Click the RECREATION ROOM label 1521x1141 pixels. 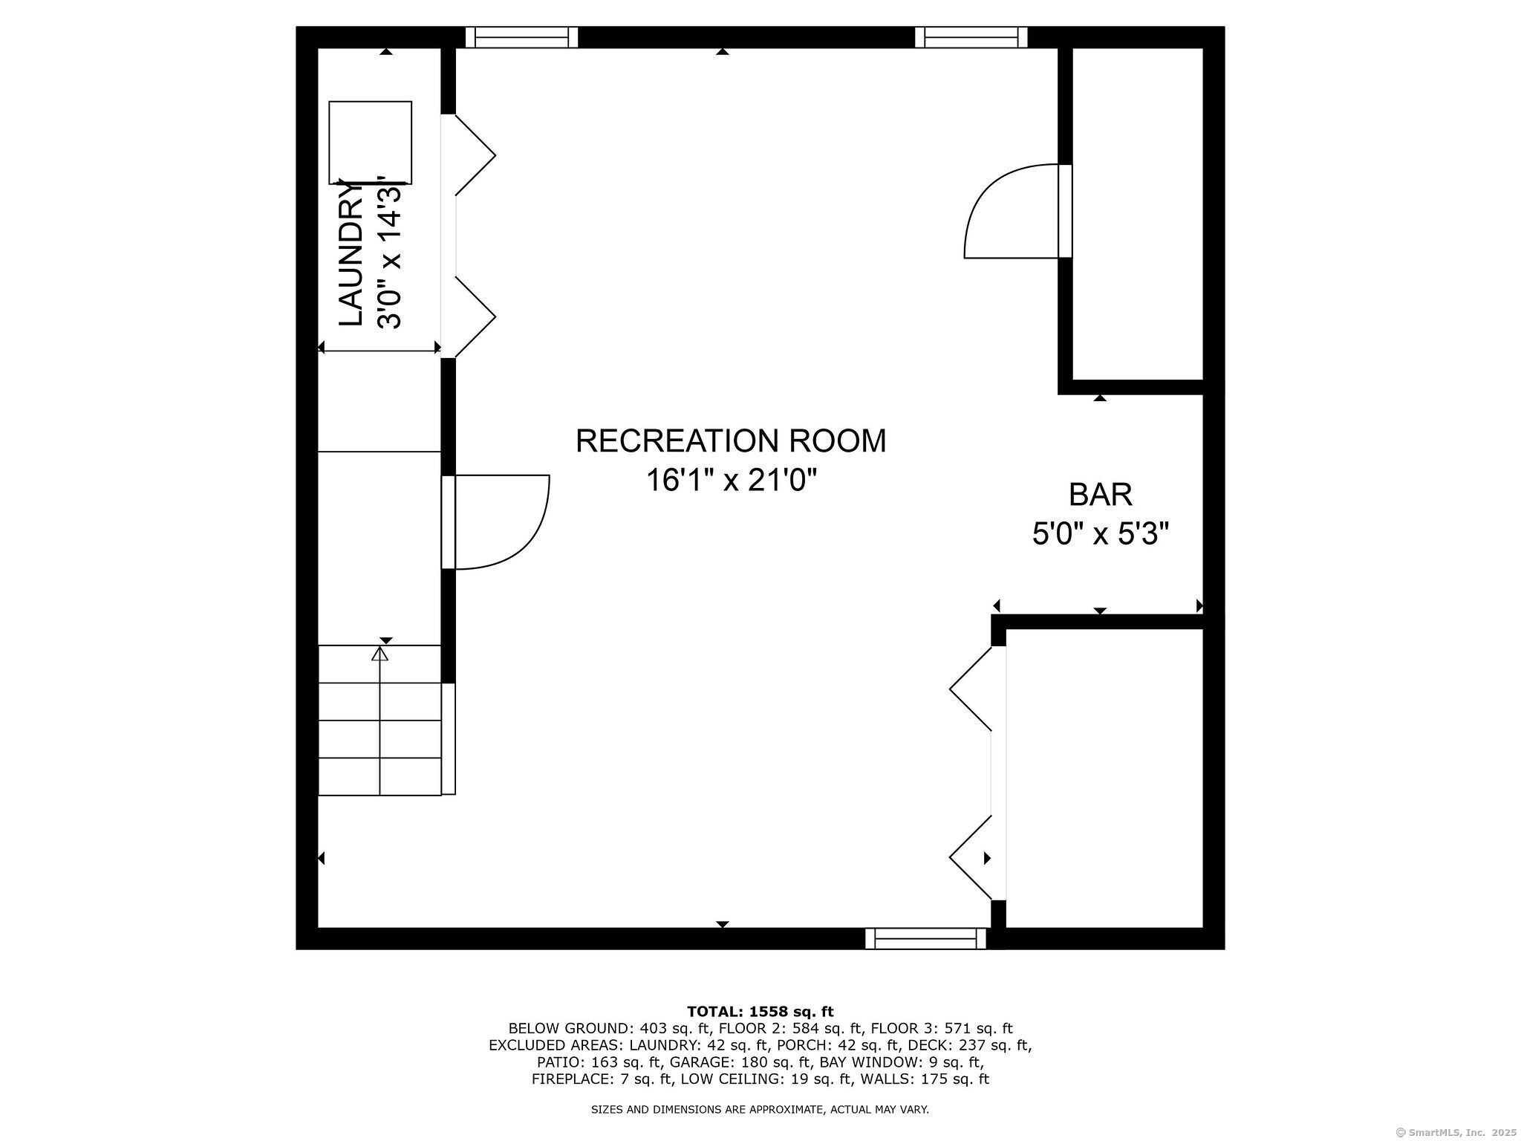pos(731,441)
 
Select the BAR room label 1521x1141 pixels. pos(1100,494)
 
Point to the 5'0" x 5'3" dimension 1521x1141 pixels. pos(1100,533)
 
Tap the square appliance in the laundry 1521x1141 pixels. pos(370,142)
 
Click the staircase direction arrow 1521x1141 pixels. pos(380,654)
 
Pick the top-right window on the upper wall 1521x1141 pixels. pos(971,37)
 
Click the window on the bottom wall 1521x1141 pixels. pos(925,938)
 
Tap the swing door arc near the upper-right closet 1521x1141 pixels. pos(1010,212)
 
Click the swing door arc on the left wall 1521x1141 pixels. pos(502,521)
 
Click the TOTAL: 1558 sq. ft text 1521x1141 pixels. pos(760,1011)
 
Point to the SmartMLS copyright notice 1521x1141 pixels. pos(1456,1132)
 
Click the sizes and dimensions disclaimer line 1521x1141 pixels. pos(760,1110)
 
